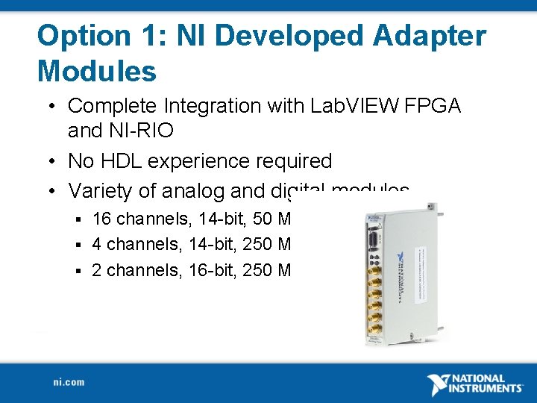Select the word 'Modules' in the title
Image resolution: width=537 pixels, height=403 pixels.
click(97, 72)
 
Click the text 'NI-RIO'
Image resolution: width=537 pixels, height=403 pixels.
click(120, 131)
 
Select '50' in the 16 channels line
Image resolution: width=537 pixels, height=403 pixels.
click(263, 219)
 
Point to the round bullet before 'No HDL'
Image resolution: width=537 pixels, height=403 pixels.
click(54, 161)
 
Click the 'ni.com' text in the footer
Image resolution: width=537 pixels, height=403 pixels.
click(69, 382)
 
